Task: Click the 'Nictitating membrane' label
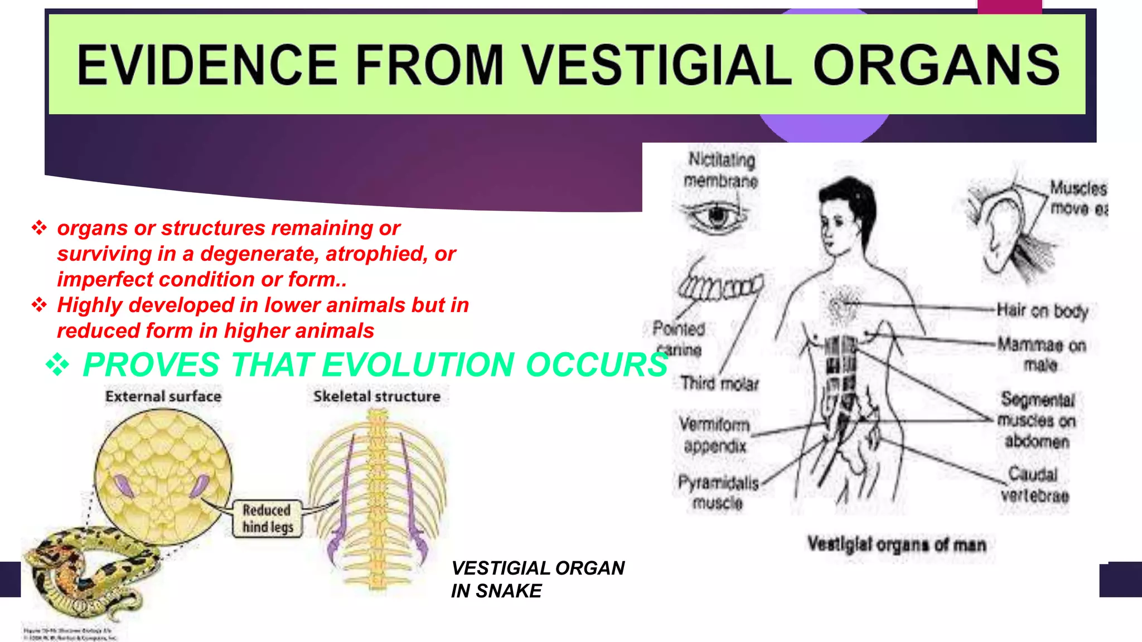(721, 171)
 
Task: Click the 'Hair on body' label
(1042, 310)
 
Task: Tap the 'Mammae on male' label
(1041, 354)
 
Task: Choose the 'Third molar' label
(719, 383)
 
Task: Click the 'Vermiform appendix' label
(714, 435)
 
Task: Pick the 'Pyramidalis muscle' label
(718, 493)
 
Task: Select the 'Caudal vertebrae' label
(1034, 485)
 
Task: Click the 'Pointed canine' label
(679, 339)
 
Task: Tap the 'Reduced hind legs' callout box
(267, 519)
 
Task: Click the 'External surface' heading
(163, 397)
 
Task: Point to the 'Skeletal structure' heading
(377, 397)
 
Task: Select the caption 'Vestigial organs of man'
(897, 544)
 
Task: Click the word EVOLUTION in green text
(418, 365)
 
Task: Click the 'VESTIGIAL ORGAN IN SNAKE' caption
(538, 580)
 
